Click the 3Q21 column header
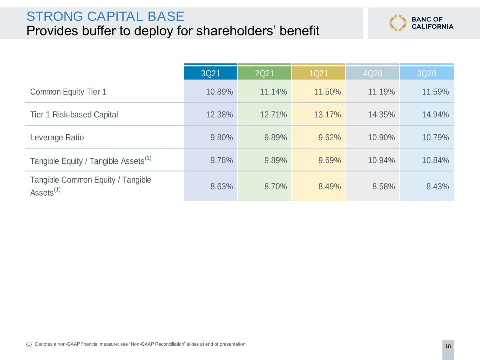210,73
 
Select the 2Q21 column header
264,73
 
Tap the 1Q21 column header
318,73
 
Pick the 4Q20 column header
372,73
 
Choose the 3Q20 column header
427,73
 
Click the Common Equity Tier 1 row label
68,92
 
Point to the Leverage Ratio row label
57,137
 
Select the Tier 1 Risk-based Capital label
74,115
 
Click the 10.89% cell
219,92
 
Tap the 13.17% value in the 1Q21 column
327,115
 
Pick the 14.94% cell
435,115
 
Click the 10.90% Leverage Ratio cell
382,137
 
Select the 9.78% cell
222,160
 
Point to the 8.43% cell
437,186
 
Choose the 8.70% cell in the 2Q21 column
276,186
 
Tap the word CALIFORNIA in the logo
432,27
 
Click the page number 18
448,346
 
